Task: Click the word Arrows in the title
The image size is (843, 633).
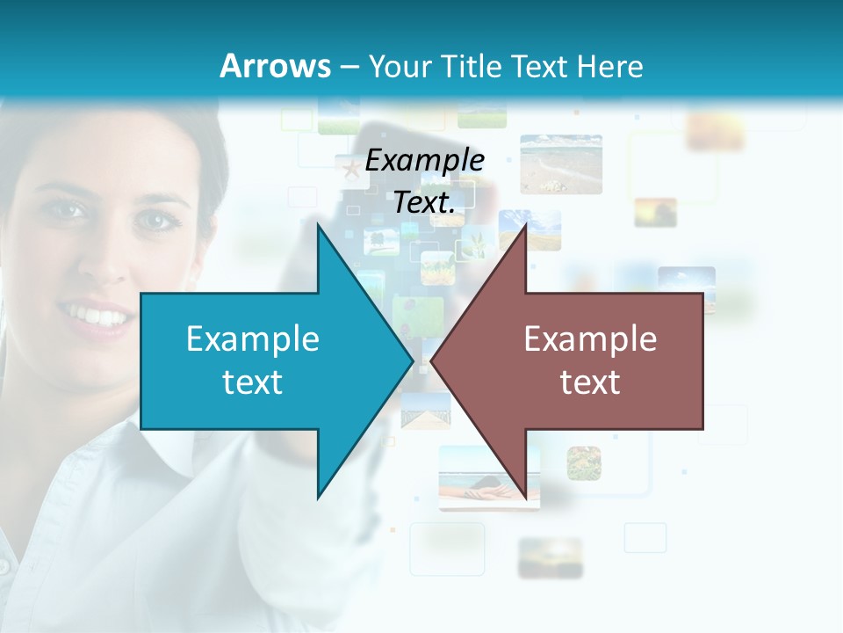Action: (275, 66)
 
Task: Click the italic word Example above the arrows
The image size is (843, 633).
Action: (425, 161)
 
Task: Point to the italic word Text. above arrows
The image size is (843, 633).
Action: (425, 202)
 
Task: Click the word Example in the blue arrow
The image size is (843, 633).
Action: (253, 338)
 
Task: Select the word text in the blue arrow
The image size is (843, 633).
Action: (253, 382)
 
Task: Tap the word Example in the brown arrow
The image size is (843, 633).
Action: (590, 338)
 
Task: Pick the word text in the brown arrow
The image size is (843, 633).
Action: (590, 382)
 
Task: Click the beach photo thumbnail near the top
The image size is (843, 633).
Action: (560, 164)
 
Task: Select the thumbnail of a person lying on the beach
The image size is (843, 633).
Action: (489, 477)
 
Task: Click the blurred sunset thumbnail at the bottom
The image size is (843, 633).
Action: (550, 557)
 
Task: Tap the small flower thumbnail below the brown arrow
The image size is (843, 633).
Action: (583, 462)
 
